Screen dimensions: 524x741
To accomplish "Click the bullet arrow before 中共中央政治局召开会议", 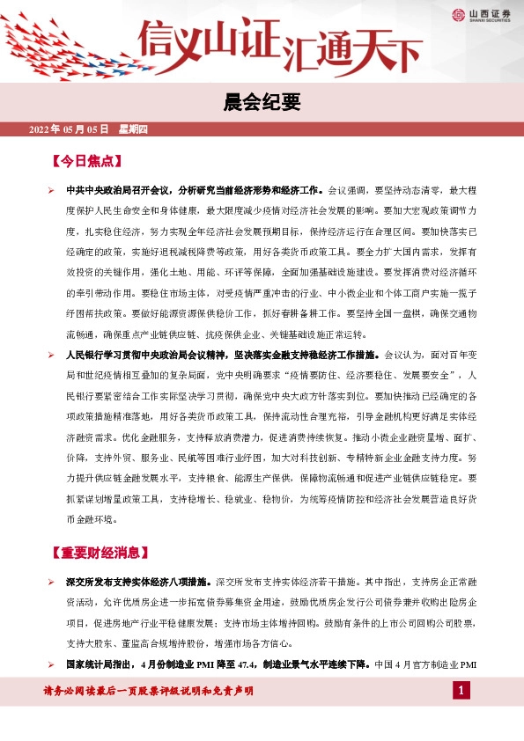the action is [51, 190].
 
